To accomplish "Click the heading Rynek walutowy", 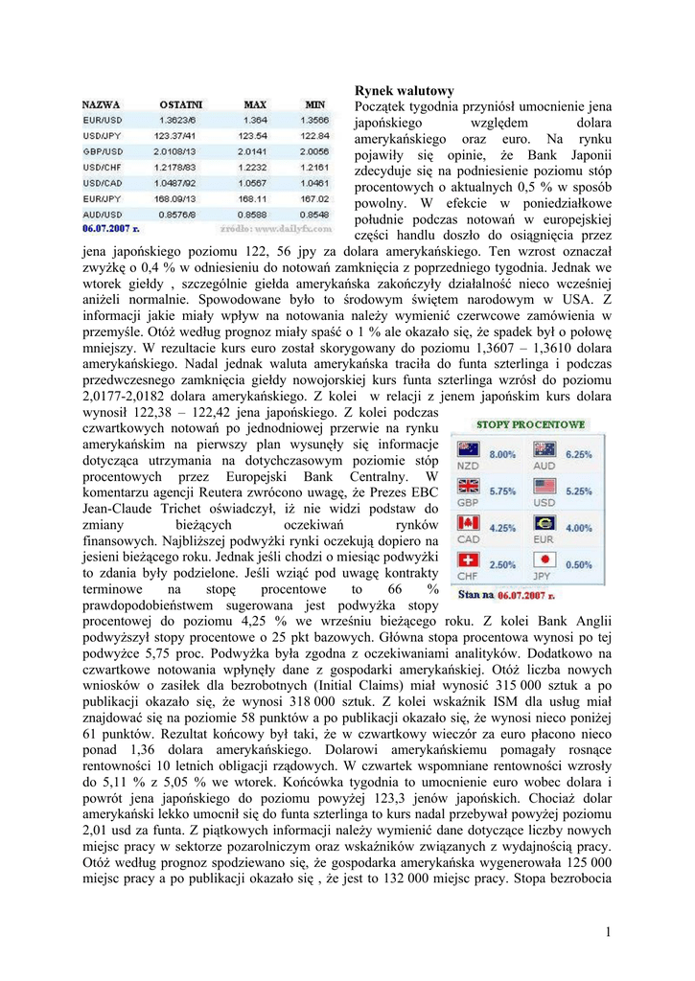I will tap(404, 90).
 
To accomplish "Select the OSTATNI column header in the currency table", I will tap(181, 103).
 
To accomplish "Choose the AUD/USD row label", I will tap(102, 213).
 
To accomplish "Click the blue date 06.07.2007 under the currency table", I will tap(110, 229).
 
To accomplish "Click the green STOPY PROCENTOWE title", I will tap(530, 423).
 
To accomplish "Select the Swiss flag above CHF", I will tap(468, 559).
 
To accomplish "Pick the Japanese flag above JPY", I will tap(544, 559).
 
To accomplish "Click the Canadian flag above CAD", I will tap(468, 522).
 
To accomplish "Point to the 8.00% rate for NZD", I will tap(502, 454).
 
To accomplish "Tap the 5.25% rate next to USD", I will tap(580, 490).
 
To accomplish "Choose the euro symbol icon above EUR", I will tap(544, 522).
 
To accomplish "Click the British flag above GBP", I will tap(468, 486).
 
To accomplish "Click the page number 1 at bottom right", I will tap(608, 932).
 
